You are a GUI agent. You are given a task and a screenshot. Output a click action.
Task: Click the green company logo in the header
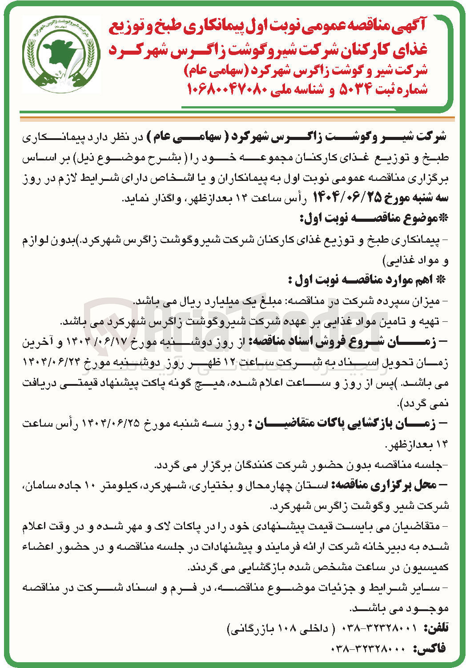click(x=61, y=55)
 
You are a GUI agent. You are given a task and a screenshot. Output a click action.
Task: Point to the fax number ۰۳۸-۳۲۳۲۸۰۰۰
click(x=368, y=649)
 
